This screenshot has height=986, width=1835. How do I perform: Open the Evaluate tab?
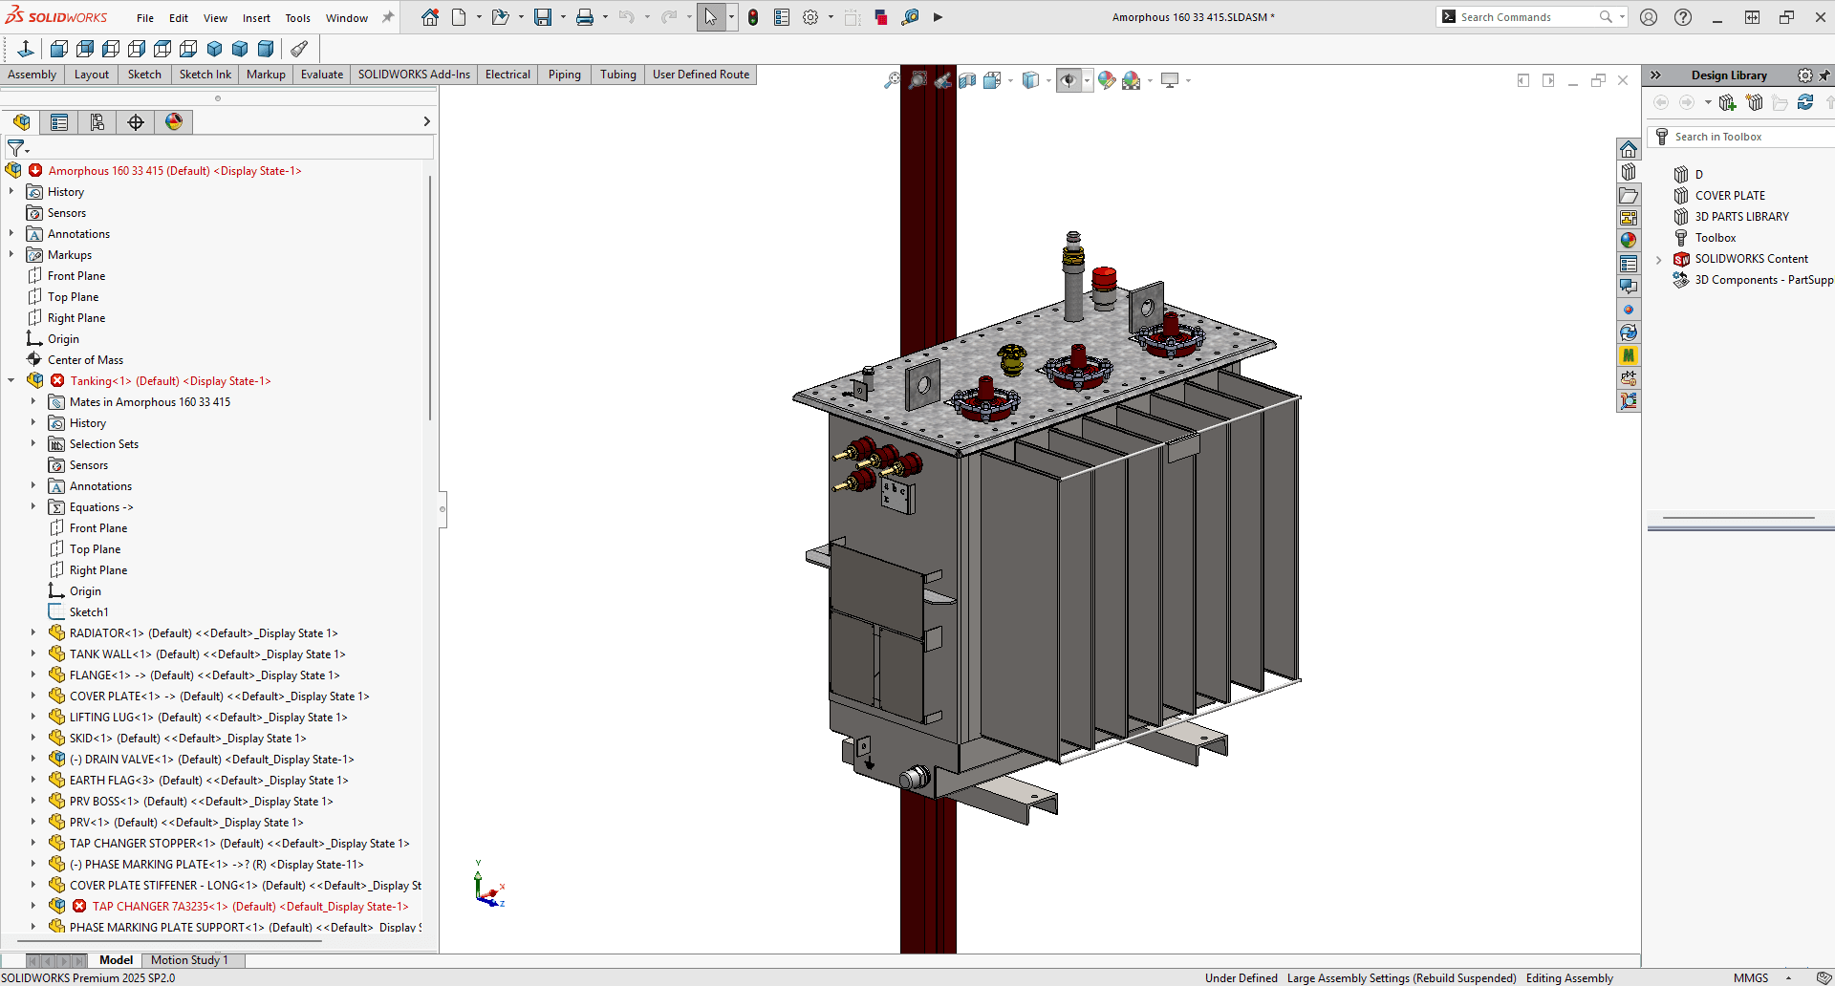point(321,75)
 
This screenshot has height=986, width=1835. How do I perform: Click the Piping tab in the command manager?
point(564,75)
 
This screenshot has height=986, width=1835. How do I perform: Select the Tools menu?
point(297,18)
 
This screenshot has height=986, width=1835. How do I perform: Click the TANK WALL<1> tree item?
point(110,654)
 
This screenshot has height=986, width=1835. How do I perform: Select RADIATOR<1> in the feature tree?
point(106,633)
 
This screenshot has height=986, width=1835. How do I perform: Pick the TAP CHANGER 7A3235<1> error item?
point(160,907)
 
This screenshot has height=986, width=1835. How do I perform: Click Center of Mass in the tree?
point(85,360)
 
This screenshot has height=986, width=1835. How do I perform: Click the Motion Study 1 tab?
point(189,960)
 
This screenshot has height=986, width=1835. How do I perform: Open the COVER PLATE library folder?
point(1729,196)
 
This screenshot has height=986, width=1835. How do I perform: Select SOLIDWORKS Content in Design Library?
point(1751,259)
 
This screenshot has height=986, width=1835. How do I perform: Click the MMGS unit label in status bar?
point(1750,977)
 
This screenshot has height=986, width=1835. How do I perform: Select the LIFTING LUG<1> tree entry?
point(111,718)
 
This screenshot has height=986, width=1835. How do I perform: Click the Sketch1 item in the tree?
point(89,612)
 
